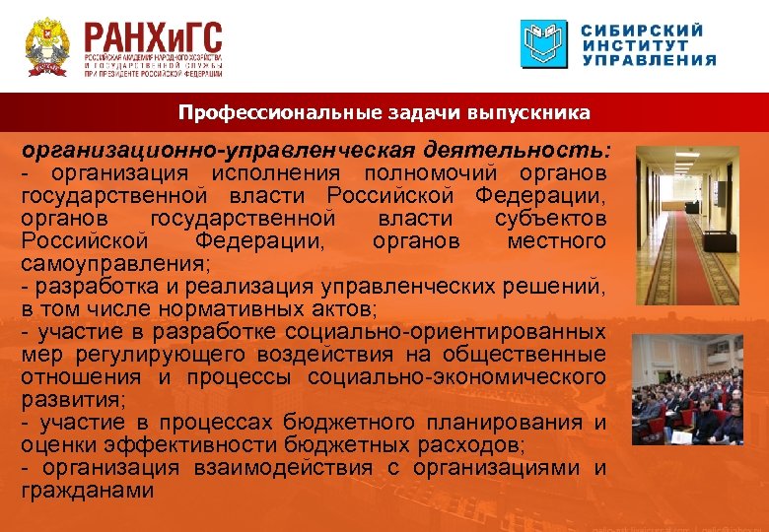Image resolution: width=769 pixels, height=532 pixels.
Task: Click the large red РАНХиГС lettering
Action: pyautogui.click(x=153, y=38)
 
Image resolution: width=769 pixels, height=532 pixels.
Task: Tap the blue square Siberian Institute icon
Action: pyautogui.click(x=545, y=44)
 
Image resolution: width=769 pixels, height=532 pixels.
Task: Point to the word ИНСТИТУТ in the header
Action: pyautogui.click(x=635, y=44)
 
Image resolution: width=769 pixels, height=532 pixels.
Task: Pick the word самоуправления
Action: pyautogui.click(x=115, y=264)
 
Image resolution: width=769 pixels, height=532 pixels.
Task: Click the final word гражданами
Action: pyautogui.click(x=88, y=491)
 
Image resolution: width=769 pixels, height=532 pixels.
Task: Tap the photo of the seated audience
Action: pyautogui.click(x=687, y=389)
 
